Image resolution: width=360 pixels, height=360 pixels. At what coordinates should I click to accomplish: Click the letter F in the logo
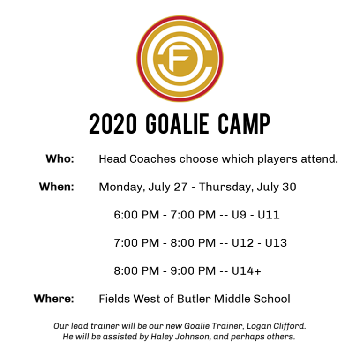tap(179, 59)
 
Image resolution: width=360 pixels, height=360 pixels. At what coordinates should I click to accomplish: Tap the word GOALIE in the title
tap(177, 124)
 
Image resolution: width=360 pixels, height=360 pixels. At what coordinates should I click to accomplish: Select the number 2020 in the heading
tap(112, 124)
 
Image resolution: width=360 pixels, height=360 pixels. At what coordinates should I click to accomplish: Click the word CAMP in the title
tap(244, 124)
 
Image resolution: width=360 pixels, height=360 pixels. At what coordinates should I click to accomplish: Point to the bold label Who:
tap(60, 158)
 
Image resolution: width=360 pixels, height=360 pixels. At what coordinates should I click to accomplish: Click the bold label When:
tap(56, 187)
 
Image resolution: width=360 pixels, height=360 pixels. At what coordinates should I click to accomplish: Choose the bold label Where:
tap(54, 299)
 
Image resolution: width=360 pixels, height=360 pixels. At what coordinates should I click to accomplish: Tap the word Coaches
tap(153, 158)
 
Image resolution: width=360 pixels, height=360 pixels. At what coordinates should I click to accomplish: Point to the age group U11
tap(269, 215)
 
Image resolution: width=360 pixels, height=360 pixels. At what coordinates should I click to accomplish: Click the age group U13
tap(276, 243)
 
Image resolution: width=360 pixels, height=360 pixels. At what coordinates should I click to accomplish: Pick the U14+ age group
tap(246, 270)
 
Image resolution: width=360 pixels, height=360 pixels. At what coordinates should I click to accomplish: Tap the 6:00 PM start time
tap(136, 215)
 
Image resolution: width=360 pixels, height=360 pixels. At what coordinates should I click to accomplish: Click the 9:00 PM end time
tap(193, 270)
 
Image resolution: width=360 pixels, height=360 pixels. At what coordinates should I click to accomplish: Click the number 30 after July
tap(289, 187)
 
